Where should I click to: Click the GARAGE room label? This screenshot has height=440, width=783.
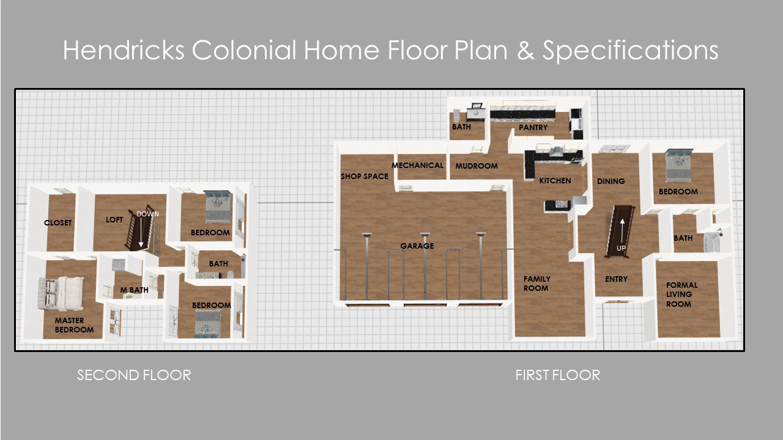pyautogui.click(x=417, y=246)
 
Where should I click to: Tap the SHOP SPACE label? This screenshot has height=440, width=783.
pyautogui.click(x=365, y=177)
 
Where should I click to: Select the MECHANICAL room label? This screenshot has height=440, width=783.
pyautogui.click(x=417, y=165)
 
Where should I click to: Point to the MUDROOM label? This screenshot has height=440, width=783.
pyautogui.click(x=477, y=166)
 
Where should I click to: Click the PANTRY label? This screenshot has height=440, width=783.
pyautogui.click(x=533, y=128)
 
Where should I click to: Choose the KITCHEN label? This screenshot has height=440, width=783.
pyautogui.click(x=555, y=180)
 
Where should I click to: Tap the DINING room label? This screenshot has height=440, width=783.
pyautogui.click(x=610, y=182)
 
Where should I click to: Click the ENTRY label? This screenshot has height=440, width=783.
pyautogui.click(x=616, y=279)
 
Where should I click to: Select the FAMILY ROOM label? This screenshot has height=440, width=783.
pyautogui.click(x=536, y=284)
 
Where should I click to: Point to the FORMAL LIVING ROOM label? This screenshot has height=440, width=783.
pyautogui.click(x=681, y=295)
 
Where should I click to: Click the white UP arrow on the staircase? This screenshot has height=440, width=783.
pyautogui.click(x=622, y=230)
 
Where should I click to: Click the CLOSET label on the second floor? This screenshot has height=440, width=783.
pyautogui.click(x=58, y=222)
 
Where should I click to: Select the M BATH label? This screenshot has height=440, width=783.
pyautogui.click(x=134, y=290)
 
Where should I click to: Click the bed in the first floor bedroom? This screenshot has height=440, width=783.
pyautogui.click(x=679, y=165)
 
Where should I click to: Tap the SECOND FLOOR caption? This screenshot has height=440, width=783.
pyautogui.click(x=134, y=375)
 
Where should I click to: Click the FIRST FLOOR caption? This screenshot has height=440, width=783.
pyautogui.click(x=557, y=375)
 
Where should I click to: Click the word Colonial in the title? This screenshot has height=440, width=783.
pyautogui.click(x=243, y=50)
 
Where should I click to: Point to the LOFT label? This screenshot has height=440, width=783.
pyautogui.click(x=114, y=219)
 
